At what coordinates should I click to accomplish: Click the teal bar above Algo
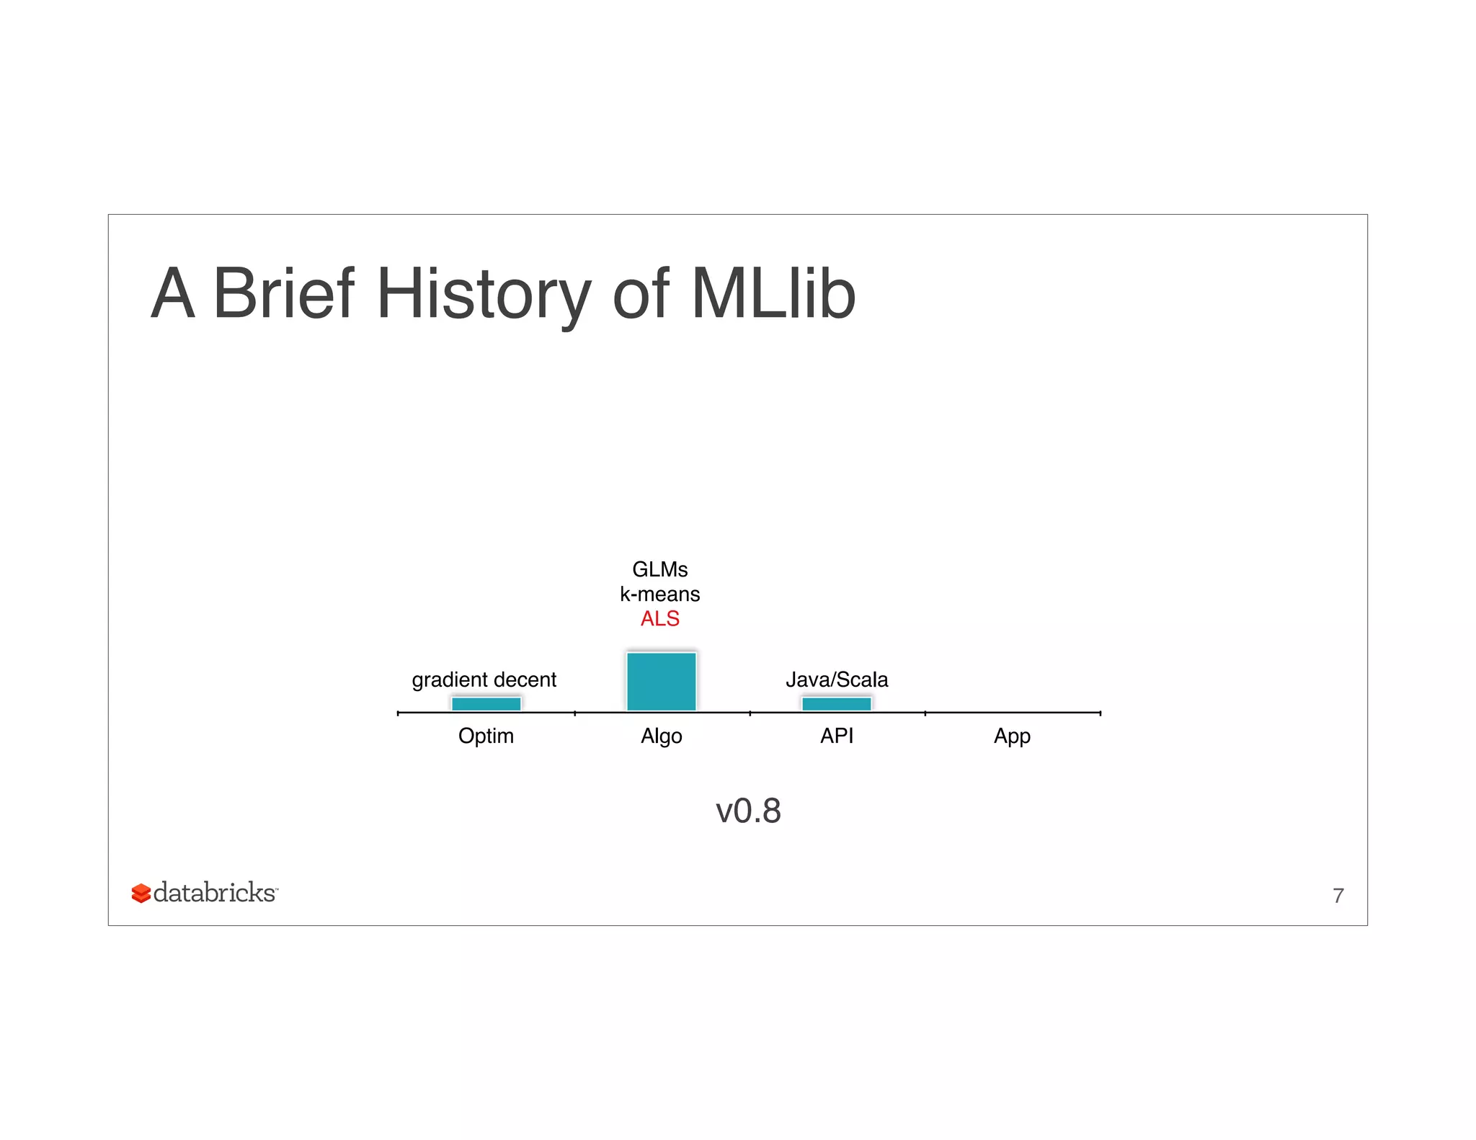pos(661,681)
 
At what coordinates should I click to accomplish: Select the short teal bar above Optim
pos(486,703)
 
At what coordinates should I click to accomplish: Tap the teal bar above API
pos(836,703)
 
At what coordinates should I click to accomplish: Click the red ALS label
pos(659,618)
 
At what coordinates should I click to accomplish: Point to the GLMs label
pos(659,569)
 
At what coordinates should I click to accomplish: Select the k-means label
pos(659,594)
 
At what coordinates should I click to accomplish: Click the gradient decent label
pos(484,680)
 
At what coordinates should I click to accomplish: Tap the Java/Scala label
pos(836,680)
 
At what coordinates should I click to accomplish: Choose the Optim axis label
pos(486,736)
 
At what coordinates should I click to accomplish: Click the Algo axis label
pos(661,736)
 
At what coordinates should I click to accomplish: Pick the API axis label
pos(836,736)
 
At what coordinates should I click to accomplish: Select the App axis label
pos(1012,736)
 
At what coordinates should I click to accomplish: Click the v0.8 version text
pos(748,811)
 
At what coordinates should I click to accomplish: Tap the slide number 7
pos(1338,895)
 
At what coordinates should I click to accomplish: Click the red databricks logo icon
pos(141,894)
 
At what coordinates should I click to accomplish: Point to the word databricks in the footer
pos(214,893)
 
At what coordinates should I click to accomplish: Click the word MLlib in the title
pos(773,293)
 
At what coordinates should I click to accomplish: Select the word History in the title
pos(483,293)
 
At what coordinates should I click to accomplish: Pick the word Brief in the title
pos(283,293)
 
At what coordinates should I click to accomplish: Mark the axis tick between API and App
pos(925,713)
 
